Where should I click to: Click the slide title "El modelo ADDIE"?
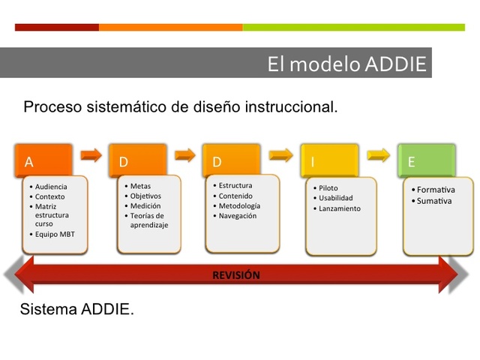346,64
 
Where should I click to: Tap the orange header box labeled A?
43,160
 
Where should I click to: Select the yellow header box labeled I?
328,160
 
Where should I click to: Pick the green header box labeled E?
426,160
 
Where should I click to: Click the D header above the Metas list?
137,160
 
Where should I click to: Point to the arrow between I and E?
379,155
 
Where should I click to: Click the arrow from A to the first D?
91,155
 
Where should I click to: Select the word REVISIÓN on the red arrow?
236,275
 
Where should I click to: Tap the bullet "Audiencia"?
51,187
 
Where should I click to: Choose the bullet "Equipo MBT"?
55,234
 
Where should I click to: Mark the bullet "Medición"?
145,205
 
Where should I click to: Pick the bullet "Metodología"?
239,205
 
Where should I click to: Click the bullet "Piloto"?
328,188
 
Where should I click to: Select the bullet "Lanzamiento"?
339,208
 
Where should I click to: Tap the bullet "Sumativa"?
434,201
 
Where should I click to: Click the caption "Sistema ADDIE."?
77,309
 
